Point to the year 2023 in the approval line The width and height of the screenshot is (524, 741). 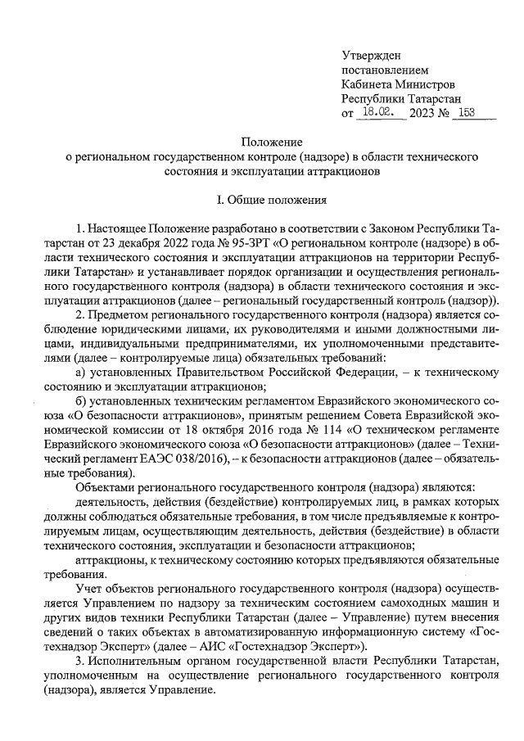pos(422,114)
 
